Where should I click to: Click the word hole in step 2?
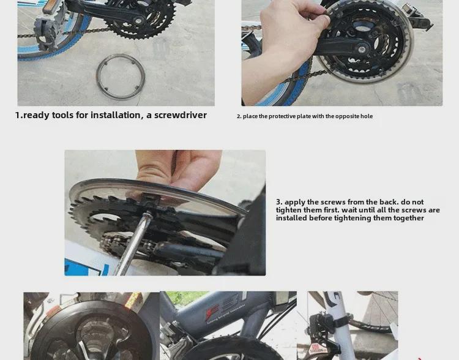[x=367, y=116]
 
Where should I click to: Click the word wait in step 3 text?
[x=349, y=210]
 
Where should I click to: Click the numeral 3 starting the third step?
[x=278, y=202]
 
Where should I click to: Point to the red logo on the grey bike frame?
[x=212, y=312]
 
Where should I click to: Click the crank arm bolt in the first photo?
[x=138, y=21]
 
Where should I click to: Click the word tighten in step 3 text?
[x=288, y=210]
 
